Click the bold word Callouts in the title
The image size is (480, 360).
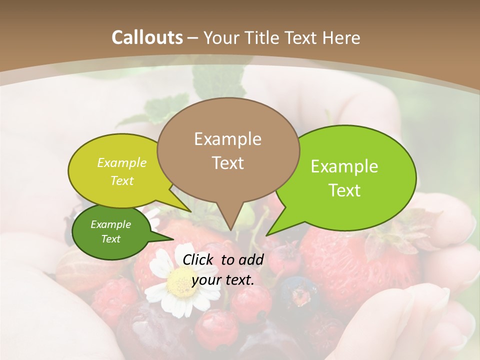(147, 37)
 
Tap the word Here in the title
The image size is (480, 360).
(339, 37)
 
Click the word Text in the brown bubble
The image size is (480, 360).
(227, 162)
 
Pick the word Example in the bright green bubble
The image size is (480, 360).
(344, 166)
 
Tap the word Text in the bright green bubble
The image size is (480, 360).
(344, 190)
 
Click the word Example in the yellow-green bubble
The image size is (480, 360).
(122, 162)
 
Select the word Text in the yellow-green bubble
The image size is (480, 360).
(122, 180)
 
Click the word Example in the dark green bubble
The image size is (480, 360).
(110, 224)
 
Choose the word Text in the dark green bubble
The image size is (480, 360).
(110, 239)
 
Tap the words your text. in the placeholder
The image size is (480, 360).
(223, 279)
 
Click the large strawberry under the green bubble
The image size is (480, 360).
(345, 260)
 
